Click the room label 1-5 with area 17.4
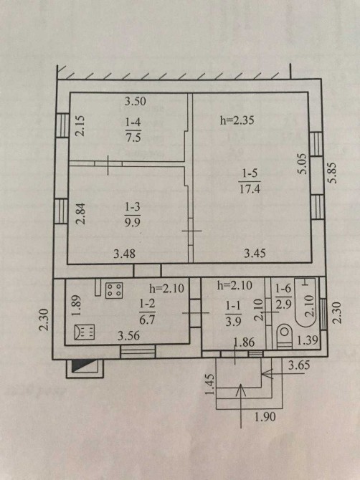250,182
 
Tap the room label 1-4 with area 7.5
133,130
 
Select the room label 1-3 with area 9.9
133,214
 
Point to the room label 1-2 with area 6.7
147,312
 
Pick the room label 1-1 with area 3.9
233,314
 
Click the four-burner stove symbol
114,290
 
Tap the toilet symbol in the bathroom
284,337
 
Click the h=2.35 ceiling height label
237,120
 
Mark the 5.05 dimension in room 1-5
302,164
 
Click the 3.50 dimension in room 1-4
135,101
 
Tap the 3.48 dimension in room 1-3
124,254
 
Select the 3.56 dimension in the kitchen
128,336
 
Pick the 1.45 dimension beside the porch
209,384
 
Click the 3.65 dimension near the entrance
299,365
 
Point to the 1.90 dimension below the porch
265,417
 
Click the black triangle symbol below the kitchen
84,366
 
